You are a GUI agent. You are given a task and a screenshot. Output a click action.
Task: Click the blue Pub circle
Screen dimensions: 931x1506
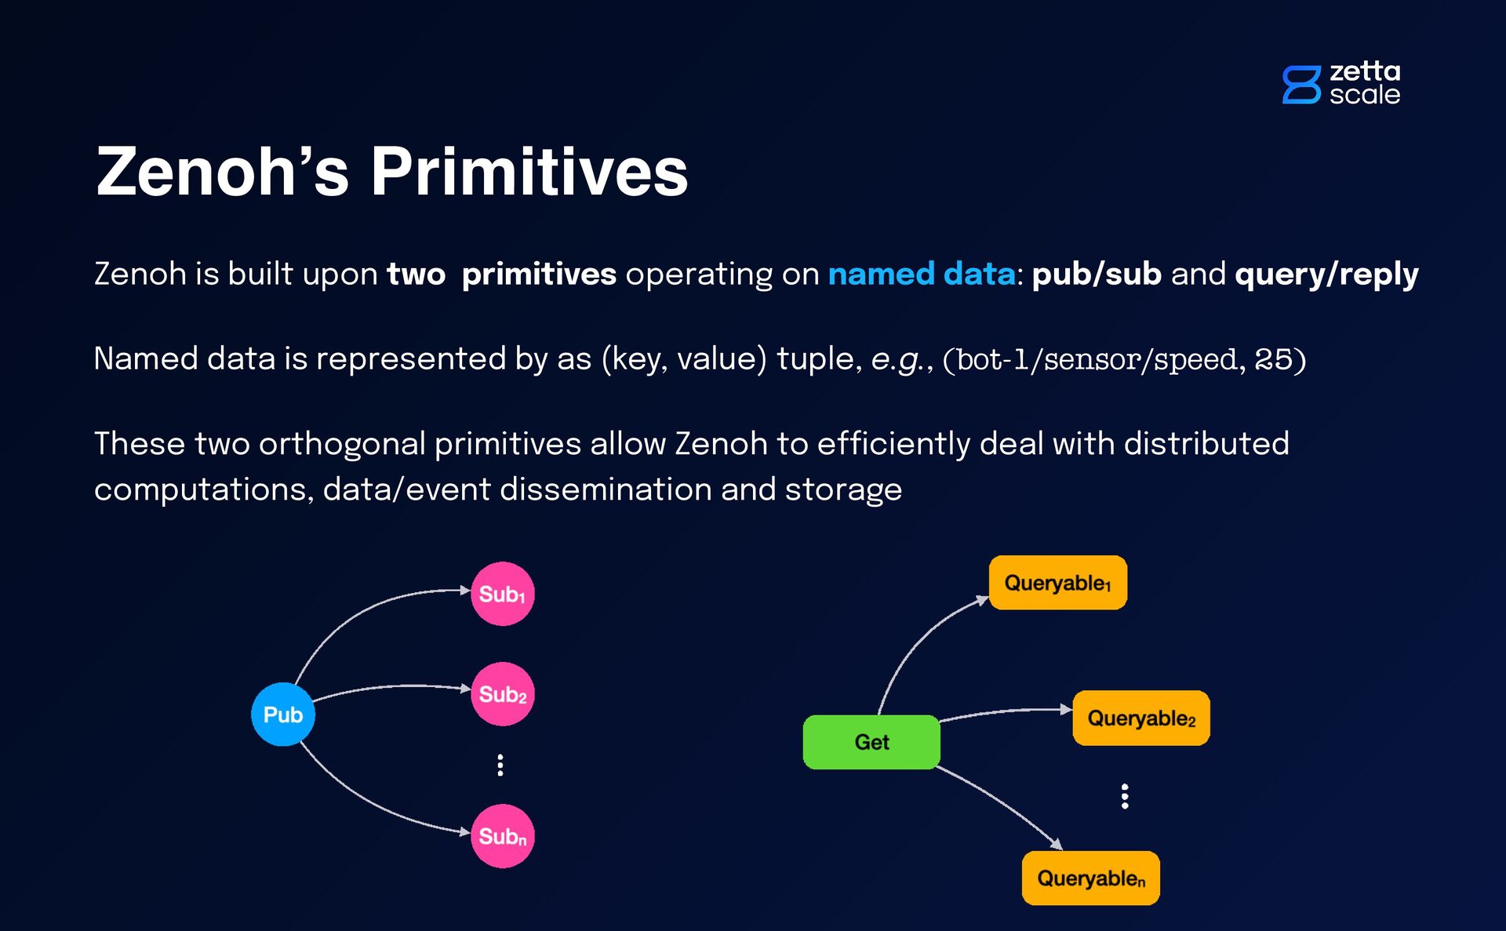(282, 714)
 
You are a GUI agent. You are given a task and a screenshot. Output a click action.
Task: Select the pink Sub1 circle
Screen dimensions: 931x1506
(502, 594)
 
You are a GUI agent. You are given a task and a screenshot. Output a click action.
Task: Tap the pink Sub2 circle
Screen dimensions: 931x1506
(502, 694)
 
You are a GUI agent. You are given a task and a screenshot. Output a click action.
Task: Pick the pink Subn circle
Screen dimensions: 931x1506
(502, 836)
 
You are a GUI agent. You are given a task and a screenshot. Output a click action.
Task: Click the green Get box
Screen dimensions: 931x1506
(871, 742)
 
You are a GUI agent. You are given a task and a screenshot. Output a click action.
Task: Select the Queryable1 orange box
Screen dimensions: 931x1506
(1057, 583)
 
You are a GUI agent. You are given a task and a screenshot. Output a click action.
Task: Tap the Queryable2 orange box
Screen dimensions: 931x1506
(1141, 718)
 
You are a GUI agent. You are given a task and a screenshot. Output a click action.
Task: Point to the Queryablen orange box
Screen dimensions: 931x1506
(1090, 878)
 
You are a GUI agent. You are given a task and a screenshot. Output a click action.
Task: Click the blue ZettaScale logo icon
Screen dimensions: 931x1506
(1301, 85)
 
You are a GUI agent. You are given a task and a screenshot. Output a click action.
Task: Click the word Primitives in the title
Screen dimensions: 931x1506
(529, 172)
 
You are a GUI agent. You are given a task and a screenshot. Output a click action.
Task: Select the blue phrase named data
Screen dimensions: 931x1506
(922, 274)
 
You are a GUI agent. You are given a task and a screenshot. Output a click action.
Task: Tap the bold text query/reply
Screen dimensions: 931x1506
(1326, 274)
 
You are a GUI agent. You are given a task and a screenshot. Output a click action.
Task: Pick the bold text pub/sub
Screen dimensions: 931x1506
(1096, 274)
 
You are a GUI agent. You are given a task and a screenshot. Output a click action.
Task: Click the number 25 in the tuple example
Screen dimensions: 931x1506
(1273, 359)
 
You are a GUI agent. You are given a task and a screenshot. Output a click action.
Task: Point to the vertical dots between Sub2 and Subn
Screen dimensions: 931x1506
(500, 765)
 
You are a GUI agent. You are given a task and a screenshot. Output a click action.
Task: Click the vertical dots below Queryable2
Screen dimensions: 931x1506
(1125, 796)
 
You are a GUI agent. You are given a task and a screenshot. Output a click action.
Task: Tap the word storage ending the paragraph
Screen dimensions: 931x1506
(843, 489)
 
